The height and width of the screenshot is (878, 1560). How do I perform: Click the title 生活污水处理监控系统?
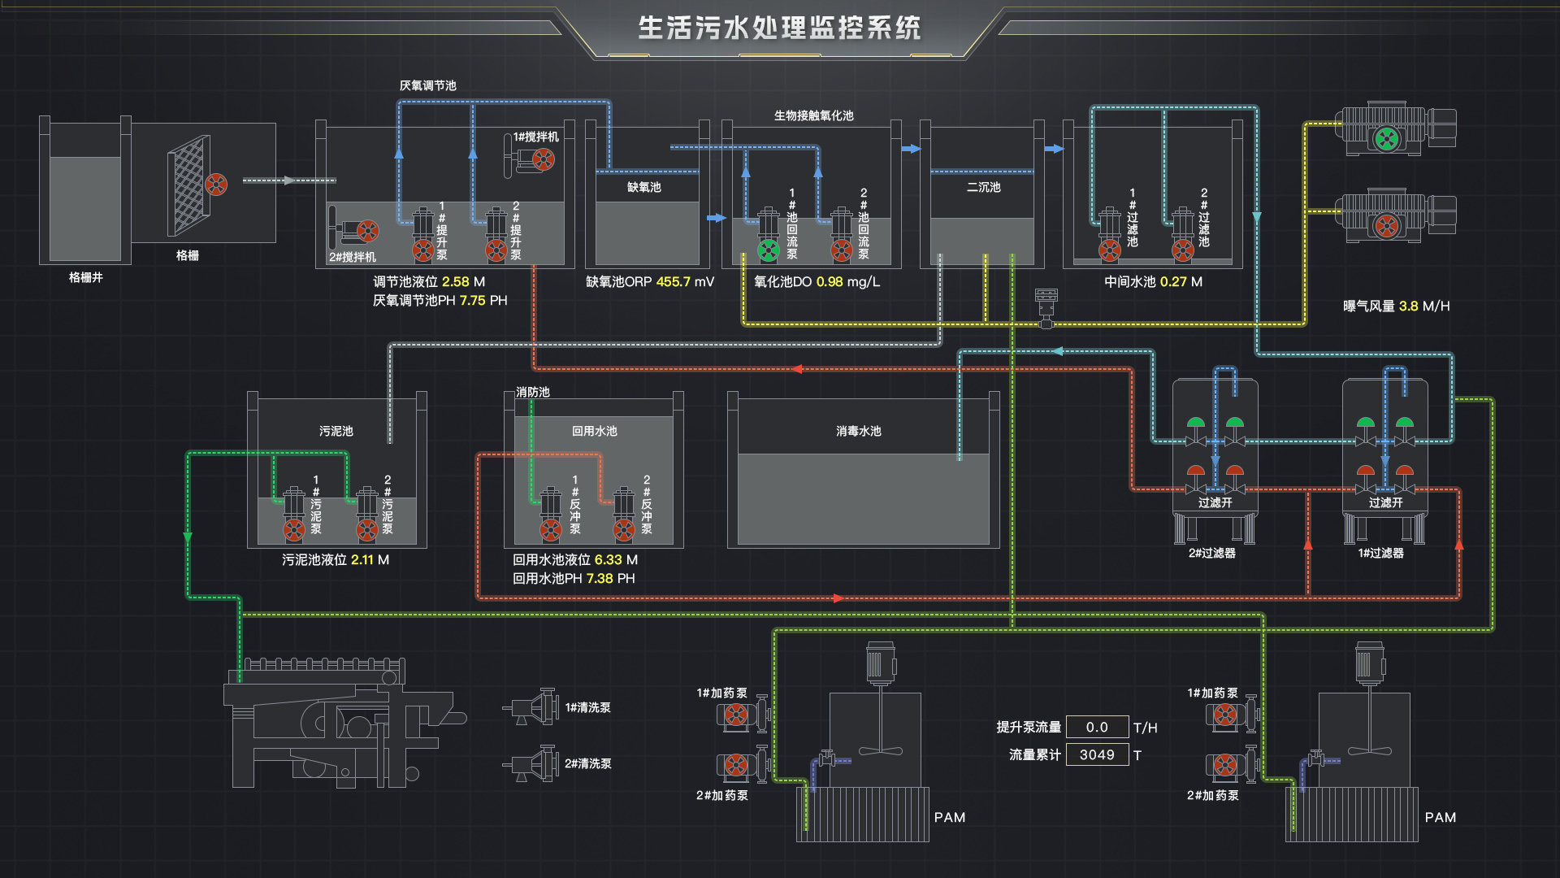coord(778,28)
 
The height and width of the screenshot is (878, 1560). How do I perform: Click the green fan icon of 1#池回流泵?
coord(768,250)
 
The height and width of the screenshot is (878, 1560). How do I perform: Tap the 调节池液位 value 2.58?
coord(455,282)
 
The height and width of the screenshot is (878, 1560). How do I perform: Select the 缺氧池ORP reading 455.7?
coord(673,282)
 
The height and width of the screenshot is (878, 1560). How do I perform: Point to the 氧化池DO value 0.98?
coord(829,282)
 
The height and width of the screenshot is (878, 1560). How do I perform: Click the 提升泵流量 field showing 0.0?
coord(1097,727)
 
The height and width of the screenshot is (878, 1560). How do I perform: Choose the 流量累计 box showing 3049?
coord(1097,755)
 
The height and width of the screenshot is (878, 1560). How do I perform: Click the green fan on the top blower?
coord(1387,139)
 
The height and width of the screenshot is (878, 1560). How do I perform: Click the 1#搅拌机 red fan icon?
coord(544,159)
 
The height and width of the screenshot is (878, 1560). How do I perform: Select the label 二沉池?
coord(983,187)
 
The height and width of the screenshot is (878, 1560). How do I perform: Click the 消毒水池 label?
coord(858,431)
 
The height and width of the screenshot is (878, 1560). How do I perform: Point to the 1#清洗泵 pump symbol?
coord(532,707)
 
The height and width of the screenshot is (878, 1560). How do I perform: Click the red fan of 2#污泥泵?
coord(367,531)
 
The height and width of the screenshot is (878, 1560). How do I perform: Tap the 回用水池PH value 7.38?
coord(600,579)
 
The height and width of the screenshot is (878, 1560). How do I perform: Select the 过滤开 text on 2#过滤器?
coord(1215,502)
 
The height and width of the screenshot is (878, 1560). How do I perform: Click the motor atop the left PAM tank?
coord(880,663)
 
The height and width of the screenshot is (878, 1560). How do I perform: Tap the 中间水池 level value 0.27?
coord(1173,282)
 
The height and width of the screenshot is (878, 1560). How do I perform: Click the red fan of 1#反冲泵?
coord(551,531)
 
